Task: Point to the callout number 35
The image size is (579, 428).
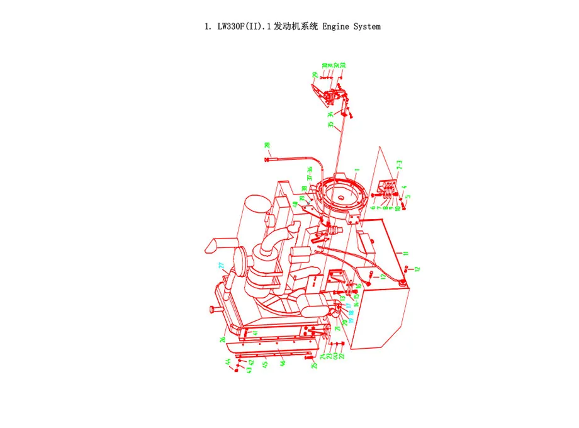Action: pyautogui.click(x=331, y=125)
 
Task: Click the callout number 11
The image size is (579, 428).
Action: pyautogui.click(x=406, y=253)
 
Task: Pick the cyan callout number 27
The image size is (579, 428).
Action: pyautogui.click(x=222, y=266)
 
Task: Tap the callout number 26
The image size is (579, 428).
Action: pyautogui.click(x=223, y=340)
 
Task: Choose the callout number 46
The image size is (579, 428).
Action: pyautogui.click(x=283, y=363)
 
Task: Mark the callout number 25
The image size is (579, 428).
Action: pyautogui.click(x=315, y=365)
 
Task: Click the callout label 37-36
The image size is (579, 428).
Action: pyautogui.click(x=310, y=173)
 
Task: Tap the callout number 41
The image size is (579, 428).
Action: pyautogui.click(x=256, y=332)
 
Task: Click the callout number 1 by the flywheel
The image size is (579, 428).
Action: pyautogui.click(x=356, y=170)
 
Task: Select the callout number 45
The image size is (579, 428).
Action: pyautogui.click(x=266, y=364)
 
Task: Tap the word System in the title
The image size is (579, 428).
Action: pyautogui.click(x=367, y=26)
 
